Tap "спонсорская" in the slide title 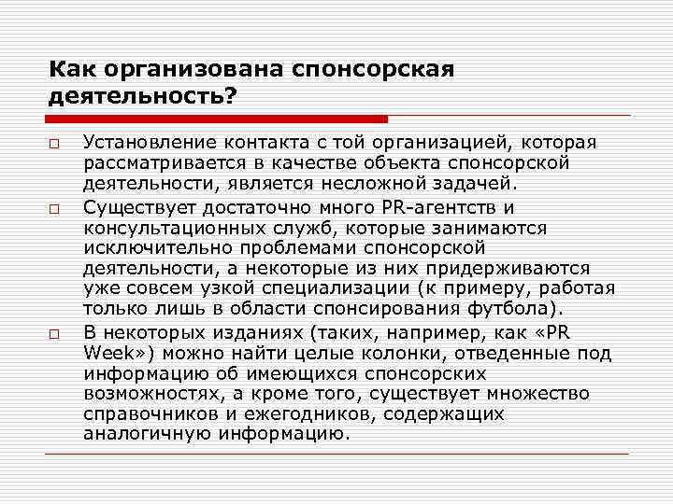(x=373, y=68)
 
